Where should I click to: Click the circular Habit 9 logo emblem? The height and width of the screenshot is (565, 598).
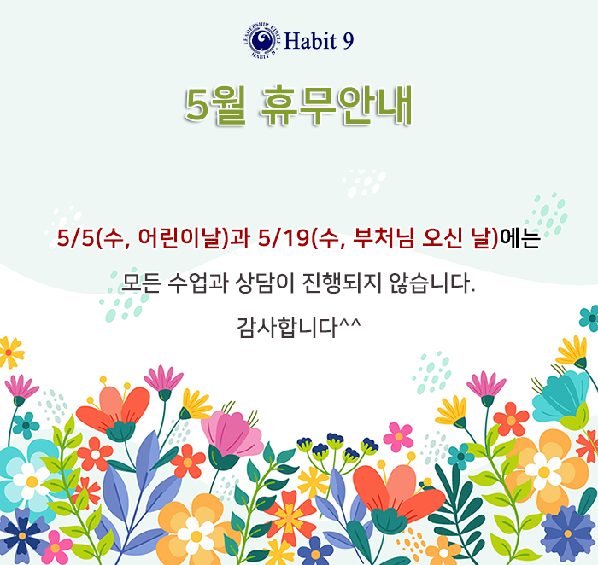[x=260, y=40]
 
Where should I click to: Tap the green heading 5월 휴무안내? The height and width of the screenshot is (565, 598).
[x=299, y=106]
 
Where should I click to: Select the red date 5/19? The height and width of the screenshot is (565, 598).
[x=283, y=238]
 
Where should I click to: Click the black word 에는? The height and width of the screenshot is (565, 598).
[x=519, y=238]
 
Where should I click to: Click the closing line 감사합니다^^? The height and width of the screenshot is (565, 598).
[x=299, y=327]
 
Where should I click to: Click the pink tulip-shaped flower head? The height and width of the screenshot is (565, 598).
[x=232, y=434]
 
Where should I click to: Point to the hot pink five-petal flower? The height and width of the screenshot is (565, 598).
[x=398, y=437]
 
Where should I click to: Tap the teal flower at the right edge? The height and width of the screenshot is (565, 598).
[x=590, y=317]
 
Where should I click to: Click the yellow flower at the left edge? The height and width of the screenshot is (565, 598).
[x=9, y=352]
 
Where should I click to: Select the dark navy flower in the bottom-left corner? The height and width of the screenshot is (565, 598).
[x=21, y=536]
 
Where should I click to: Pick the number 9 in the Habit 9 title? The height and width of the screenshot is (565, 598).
[x=349, y=41]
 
